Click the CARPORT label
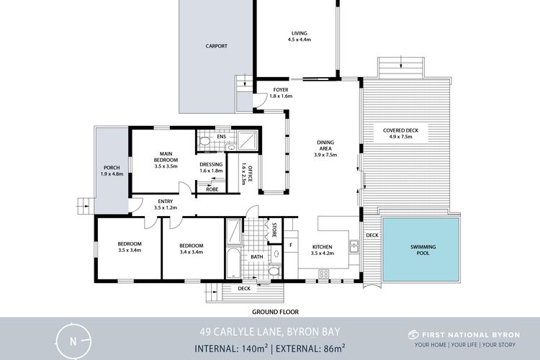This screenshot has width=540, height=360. coord(216,46)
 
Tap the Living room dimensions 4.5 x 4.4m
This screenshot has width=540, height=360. coord(300,40)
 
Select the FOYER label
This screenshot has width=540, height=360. coord(281,90)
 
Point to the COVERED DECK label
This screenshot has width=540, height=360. coord(400,130)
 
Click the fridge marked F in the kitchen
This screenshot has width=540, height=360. coord(291,246)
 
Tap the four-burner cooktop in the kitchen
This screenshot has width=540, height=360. coord(323,274)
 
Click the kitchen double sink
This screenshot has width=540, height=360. coord(354,246)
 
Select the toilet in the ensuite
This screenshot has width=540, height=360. coord(204,141)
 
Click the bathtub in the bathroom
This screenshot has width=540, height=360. coord(233,264)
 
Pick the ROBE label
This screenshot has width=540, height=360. coord(212,189)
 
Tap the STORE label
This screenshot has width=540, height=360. coord(274,230)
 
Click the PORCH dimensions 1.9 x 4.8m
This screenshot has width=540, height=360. coord(112,174)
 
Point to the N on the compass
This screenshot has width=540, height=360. coord(73,341)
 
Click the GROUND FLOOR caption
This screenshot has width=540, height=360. coord(275,312)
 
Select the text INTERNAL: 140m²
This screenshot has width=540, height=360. coord(231,348)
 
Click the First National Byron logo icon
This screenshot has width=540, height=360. coord(413,335)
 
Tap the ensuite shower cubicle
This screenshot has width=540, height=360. coord(247,140)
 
